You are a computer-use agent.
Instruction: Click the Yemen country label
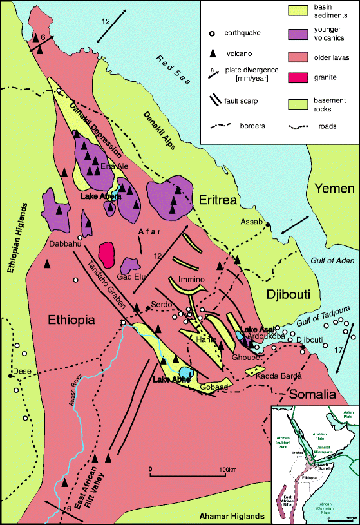pyautogui.click(x=334, y=189)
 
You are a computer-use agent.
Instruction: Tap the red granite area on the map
pyautogui.click(x=106, y=254)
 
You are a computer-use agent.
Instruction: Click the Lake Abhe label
pyautogui.click(x=169, y=379)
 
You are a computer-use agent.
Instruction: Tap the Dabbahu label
pyautogui.click(x=64, y=244)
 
